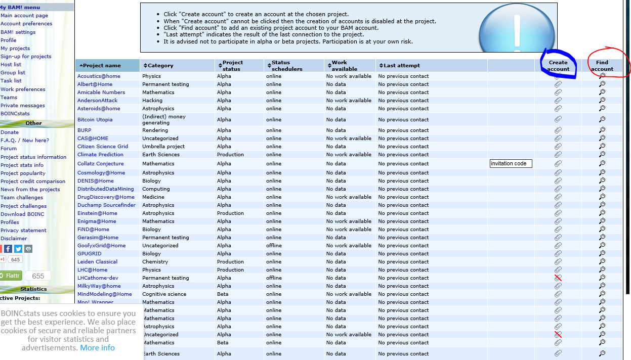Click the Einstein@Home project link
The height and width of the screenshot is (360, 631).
[97, 213]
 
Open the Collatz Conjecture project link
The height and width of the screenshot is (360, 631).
[100, 164]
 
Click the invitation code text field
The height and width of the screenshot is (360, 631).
[511, 163]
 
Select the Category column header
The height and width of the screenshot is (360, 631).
[160, 66]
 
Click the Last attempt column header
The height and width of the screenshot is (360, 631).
[402, 66]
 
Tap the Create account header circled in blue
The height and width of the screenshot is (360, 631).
[558, 66]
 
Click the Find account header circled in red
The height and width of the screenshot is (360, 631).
[602, 66]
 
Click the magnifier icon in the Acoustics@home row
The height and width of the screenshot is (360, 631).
[602, 76]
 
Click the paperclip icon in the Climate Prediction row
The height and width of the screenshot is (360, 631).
[558, 155]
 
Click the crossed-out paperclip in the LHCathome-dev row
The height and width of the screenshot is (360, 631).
[558, 278]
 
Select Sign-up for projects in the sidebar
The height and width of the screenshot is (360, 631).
[26, 57]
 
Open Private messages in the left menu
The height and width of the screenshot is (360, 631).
[23, 106]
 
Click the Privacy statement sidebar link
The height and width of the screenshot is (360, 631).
[23, 231]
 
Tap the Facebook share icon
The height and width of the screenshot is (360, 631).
[8, 249]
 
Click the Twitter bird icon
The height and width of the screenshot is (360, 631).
[18, 249]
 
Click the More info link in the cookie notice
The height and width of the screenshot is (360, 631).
[97, 348]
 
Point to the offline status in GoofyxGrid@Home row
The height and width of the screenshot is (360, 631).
[274, 246]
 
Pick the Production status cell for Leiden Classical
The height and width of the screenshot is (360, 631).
[230, 262]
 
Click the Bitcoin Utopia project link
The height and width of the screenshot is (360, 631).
[95, 120]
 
